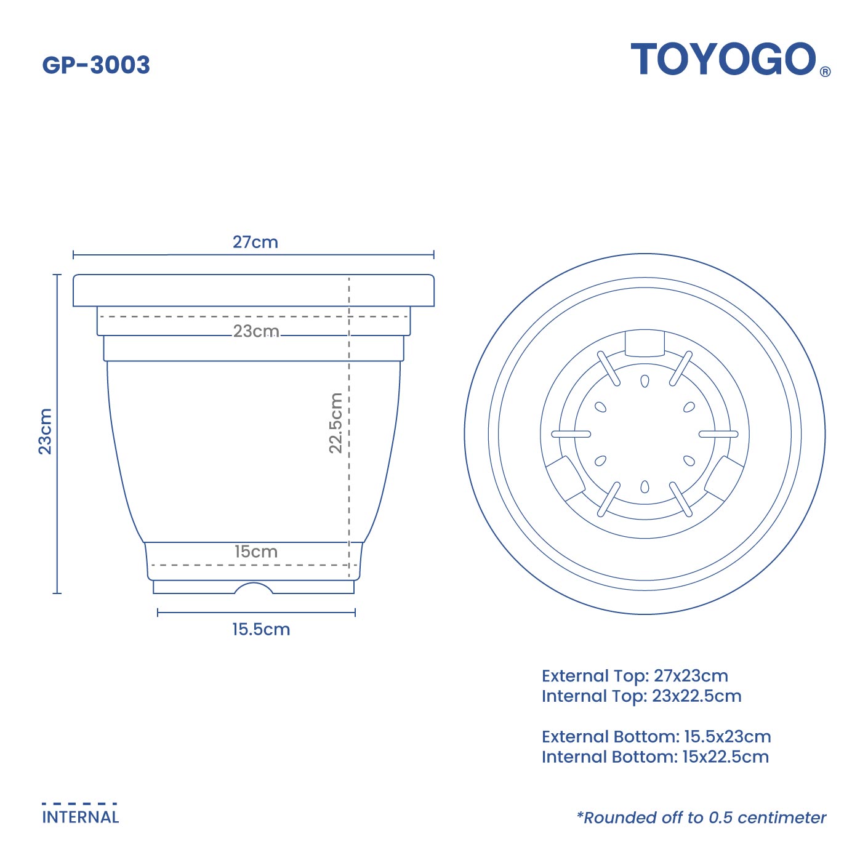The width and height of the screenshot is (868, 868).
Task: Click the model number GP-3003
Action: coord(96,65)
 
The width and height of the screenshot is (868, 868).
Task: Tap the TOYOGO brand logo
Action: coord(723,60)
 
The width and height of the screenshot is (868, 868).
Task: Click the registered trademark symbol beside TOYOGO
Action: coord(826,71)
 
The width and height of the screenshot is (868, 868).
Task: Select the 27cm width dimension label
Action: coord(255,242)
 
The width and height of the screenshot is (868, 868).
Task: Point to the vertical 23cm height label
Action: coord(46,431)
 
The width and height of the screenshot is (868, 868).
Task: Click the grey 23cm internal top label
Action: coord(255,331)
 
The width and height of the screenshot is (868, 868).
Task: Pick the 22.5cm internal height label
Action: coord(336,423)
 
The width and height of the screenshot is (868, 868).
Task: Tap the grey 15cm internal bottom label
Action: coord(255,552)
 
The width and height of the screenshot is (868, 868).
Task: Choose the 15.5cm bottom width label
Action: coord(260,629)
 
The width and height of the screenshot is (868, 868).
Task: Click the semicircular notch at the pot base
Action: coord(253,589)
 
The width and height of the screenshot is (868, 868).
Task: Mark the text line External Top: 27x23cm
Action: coord(635,676)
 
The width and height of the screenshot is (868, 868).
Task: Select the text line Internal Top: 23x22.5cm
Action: coord(641,696)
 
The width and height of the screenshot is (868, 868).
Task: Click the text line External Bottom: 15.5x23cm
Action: coord(656,736)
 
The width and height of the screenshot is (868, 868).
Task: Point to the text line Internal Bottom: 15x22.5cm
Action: coord(655,757)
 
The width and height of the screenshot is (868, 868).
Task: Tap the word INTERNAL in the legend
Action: coord(80,817)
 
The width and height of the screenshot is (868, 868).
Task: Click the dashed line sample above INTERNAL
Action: coord(79,803)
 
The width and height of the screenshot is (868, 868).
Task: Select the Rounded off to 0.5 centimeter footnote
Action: coord(701,818)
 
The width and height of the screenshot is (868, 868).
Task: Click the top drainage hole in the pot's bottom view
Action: coord(645,382)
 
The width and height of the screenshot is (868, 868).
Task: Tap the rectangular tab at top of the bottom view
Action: coord(645,343)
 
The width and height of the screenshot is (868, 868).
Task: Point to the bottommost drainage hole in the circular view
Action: coord(645,487)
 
